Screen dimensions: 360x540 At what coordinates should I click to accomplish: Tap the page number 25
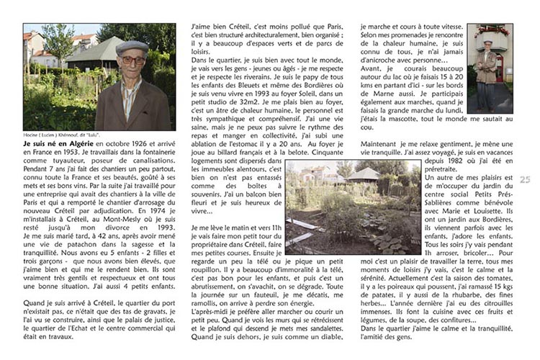coord(524,179)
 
